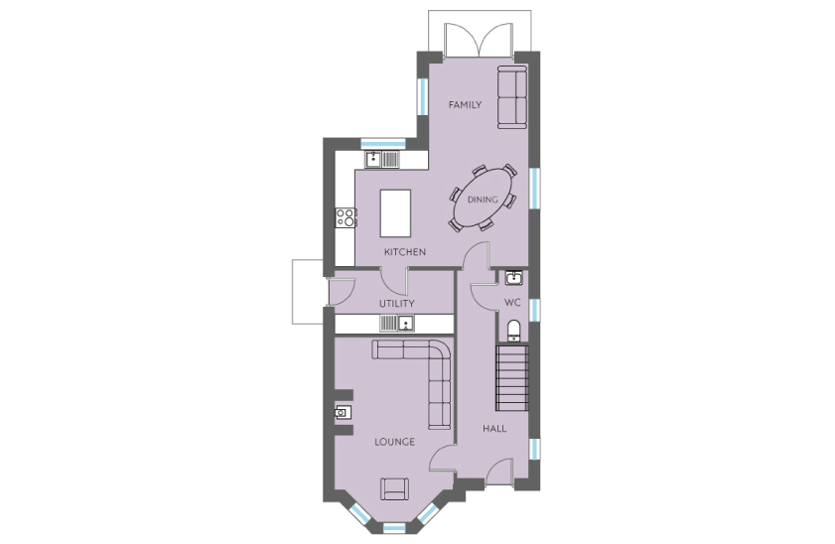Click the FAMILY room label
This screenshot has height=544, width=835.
point(465,105)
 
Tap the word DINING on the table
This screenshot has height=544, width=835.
point(483,200)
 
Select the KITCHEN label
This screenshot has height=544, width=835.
point(405,252)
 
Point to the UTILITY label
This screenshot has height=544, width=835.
point(397,304)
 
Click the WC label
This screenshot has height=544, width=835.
point(512,303)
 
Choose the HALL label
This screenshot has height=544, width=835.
point(494,429)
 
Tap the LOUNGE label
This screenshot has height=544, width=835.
point(394,442)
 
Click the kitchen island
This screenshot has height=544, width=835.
point(395,213)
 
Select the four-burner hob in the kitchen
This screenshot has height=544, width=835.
point(346,217)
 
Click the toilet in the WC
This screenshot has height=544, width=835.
point(514,330)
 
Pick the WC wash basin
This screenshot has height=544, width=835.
point(514,277)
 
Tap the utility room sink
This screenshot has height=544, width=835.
point(397,323)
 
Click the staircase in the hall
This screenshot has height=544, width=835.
point(512,378)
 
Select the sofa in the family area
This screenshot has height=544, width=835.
point(512,97)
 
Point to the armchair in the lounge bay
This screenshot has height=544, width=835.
point(394,488)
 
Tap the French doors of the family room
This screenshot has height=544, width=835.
point(480,40)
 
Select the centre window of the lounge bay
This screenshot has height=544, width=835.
point(394,528)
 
